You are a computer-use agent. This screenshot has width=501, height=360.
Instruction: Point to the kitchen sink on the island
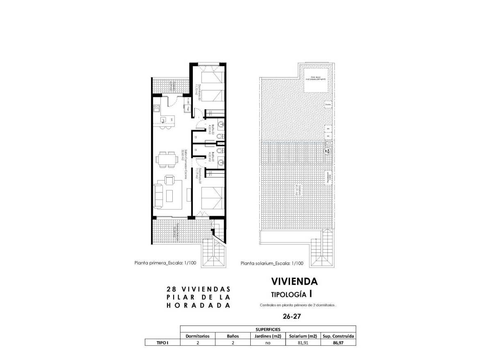[x=164, y=120]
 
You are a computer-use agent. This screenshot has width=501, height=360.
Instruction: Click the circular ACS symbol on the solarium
[x=328, y=151]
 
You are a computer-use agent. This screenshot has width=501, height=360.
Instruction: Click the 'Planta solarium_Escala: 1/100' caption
[x=272, y=264]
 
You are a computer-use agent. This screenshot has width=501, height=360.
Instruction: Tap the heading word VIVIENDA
[x=294, y=281]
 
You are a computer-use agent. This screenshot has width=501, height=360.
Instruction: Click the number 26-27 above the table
[x=292, y=316]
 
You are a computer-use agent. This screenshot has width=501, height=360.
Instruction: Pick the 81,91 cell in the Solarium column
[x=303, y=343]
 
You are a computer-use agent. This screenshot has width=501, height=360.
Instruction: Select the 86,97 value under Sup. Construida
[x=338, y=343]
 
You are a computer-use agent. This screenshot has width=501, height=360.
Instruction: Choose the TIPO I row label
[x=162, y=343]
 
